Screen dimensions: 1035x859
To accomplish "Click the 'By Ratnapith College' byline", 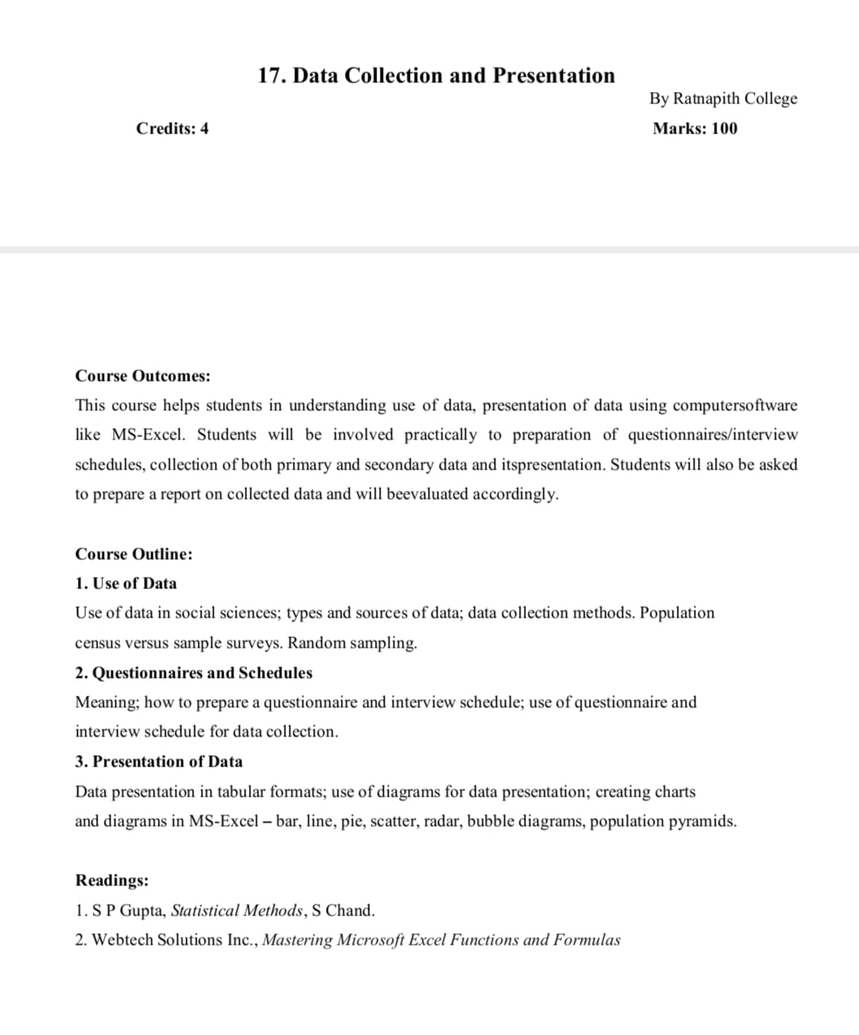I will coord(722,98).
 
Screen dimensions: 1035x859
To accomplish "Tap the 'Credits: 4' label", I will coord(172,129).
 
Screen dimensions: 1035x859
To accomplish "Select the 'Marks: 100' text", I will coord(695,129).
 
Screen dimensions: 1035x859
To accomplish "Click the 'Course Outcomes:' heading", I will coord(142,376).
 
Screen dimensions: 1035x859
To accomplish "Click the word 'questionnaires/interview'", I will coord(713,435).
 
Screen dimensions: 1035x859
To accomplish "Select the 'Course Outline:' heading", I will coord(133,554).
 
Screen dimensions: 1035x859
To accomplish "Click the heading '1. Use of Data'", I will coord(125,583).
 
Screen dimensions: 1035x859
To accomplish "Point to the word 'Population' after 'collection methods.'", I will coord(677,613).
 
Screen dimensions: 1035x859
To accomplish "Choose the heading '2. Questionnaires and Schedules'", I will coord(194,673).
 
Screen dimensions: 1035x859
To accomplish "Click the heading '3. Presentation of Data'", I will coord(159,762).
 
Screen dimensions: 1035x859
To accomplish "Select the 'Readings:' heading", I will coord(111,880).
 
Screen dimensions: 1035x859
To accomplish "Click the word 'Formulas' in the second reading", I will coord(586,940).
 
